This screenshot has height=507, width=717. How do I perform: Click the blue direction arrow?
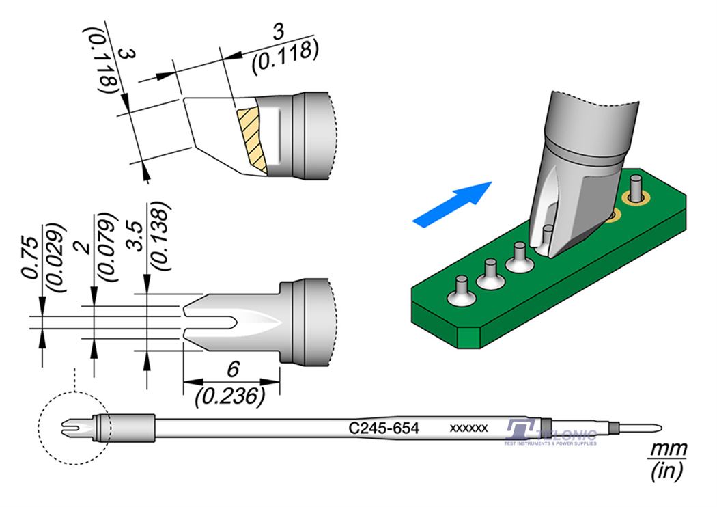452,202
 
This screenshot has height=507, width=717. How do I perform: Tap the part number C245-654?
383,428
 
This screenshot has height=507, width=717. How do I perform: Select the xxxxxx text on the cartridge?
468,428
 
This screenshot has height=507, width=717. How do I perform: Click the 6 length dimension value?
232,370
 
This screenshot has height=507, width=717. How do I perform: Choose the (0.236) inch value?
229,395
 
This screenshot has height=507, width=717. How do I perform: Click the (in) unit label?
666,471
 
